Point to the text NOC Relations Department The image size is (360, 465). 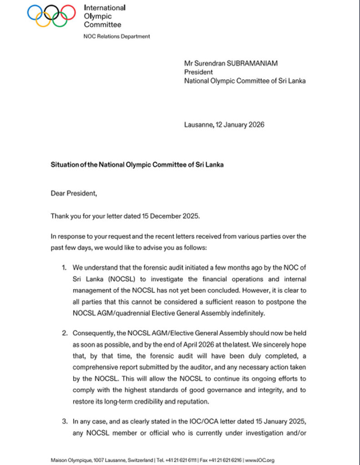[x=117, y=36]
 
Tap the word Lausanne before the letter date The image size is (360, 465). [x=198, y=124]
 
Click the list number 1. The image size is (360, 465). [x=65, y=268]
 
